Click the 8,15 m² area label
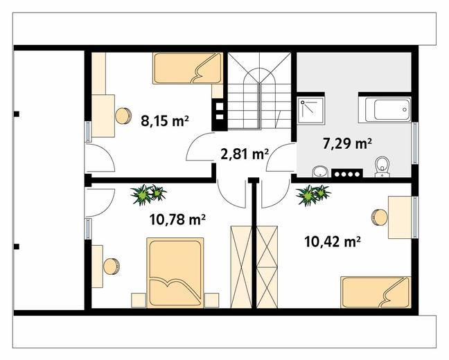point(165,121)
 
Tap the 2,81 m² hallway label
point(245,154)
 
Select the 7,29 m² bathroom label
point(347,144)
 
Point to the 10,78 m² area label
point(177,219)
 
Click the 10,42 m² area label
point(332,242)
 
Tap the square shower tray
point(310,111)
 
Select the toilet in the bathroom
point(382,167)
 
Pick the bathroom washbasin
point(320,172)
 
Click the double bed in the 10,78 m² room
point(175,273)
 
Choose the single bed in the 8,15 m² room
point(188,68)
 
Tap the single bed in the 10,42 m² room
point(376,292)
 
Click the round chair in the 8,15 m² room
point(123,116)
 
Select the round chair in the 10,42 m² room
point(380,218)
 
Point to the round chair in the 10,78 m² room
point(112,267)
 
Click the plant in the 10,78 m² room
point(148,195)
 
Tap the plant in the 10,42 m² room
point(313,195)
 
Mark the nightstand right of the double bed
point(211,300)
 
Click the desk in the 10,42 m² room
point(400,217)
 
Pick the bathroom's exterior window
point(415,143)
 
